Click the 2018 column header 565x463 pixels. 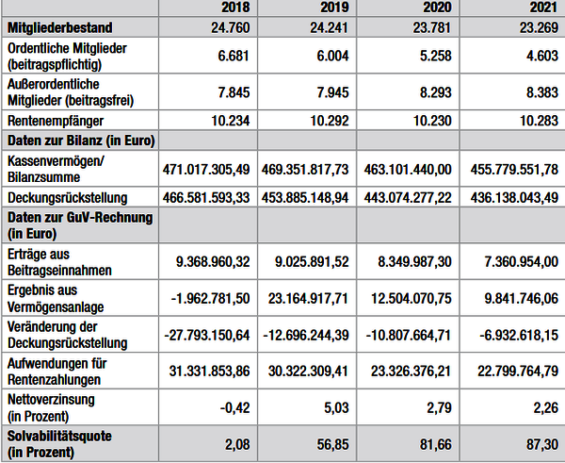pos(235,8)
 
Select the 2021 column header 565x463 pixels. pos(543,8)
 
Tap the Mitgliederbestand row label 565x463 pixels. pos(60,27)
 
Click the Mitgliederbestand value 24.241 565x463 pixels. pos(330,27)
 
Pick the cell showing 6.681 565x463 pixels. pos(234,56)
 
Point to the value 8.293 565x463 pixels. pos(435,92)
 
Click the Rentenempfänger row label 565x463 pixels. pos(56,121)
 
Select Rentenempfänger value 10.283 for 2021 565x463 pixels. pos(539,121)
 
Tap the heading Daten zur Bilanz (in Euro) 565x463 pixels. pos(81,141)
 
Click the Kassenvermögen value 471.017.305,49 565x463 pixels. pos(206,169)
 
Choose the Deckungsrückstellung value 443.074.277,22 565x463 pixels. pos(408,198)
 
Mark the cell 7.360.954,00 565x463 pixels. pos(521,261)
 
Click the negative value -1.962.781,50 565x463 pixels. pos(210,298)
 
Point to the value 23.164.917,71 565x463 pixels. pos(308,298)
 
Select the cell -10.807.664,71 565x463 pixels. pos(409,336)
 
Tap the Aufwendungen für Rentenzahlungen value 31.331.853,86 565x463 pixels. pos(209,371)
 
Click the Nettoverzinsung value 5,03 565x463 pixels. pos(333,407)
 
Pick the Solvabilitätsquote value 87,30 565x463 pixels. pos(542,444)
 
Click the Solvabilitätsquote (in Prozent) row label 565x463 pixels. pos(59,444)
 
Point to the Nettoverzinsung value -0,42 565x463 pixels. pos(234,407)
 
